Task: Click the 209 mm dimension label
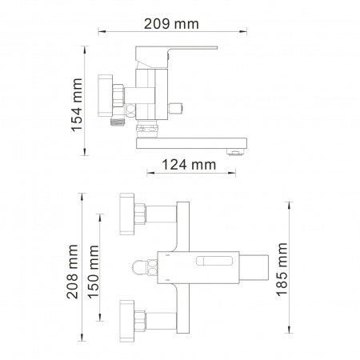click(171, 24)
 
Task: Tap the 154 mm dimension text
click(77, 105)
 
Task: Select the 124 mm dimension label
click(189, 165)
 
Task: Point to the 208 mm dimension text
click(73, 271)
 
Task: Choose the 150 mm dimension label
click(94, 272)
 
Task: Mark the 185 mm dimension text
click(282, 270)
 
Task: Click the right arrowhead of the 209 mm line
click(243, 31)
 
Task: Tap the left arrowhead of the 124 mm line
click(150, 173)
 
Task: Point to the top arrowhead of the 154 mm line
click(85, 50)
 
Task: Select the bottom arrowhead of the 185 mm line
click(289, 330)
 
